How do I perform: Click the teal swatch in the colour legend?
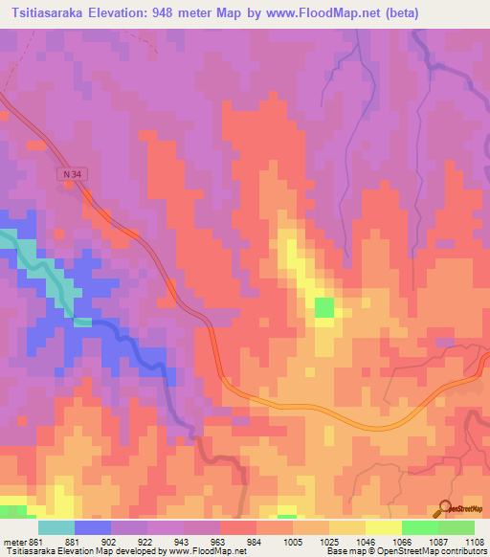pos(56,527)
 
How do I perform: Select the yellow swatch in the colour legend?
pos(383,527)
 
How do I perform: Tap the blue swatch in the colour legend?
pos(93,527)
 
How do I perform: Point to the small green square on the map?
pos(325,307)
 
